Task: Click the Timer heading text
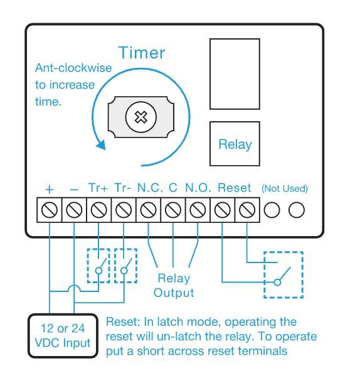pos(142,53)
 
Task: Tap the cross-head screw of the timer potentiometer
pos(141,117)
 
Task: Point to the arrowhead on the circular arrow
pos(101,144)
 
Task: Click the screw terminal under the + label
pos(50,210)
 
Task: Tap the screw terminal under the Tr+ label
pos(98,210)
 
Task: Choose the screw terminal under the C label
pos(173,210)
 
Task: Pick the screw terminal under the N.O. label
pos(198,210)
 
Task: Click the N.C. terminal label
pos(150,188)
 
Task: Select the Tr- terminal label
pos(123,188)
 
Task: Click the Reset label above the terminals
pos(235,188)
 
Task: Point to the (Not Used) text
pos(285,188)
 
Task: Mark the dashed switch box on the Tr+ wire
pos(87,265)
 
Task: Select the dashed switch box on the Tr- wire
pos(115,265)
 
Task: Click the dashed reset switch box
pos(264,275)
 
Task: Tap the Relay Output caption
pos(174,286)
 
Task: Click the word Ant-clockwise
pos(73,68)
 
